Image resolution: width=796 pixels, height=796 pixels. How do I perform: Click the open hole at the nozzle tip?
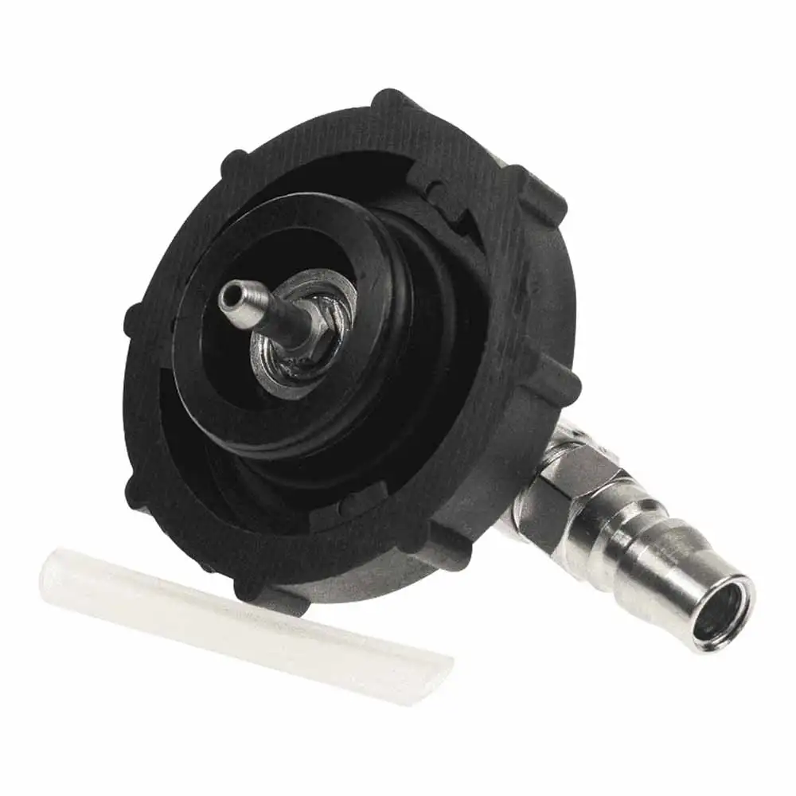click(231, 296)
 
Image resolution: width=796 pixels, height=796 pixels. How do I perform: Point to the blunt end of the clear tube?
click(52, 577)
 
